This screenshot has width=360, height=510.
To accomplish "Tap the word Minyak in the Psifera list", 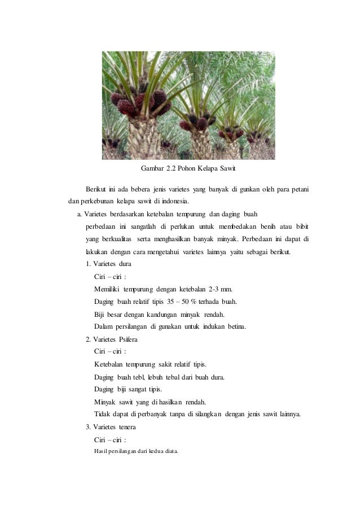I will [x=106, y=402].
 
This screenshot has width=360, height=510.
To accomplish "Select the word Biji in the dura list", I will [x=100, y=314].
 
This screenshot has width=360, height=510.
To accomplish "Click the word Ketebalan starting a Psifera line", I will [x=112, y=364].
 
